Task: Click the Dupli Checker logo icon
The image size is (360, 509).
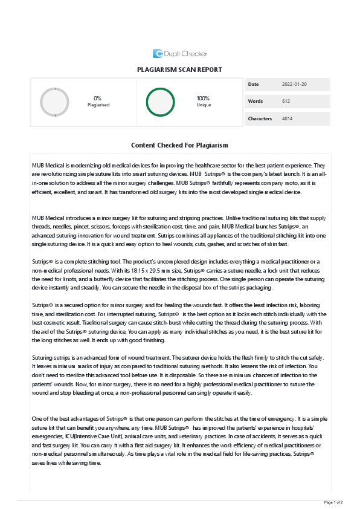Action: tap(158, 53)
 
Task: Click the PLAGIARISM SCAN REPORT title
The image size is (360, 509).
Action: tap(179, 70)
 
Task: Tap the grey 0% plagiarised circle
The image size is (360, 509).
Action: tap(54, 102)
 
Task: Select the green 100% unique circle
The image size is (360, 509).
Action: tap(160, 102)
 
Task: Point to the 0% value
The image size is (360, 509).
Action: tap(97, 98)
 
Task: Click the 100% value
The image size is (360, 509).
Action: tap(204, 98)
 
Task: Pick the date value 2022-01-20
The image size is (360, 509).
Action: tap(294, 84)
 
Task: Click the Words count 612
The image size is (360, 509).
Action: tap(286, 101)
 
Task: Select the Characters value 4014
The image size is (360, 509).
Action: tap(287, 118)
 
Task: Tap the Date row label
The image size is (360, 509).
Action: tap(253, 84)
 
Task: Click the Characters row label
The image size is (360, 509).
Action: tap(260, 118)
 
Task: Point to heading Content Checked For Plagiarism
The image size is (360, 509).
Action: tap(179, 146)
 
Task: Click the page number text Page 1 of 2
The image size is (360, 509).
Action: tap(333, 502)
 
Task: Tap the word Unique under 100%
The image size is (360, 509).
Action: tap(204, 105)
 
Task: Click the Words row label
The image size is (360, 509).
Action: tap(255, 101)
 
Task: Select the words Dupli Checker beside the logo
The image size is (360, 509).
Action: tap(185, 54)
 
